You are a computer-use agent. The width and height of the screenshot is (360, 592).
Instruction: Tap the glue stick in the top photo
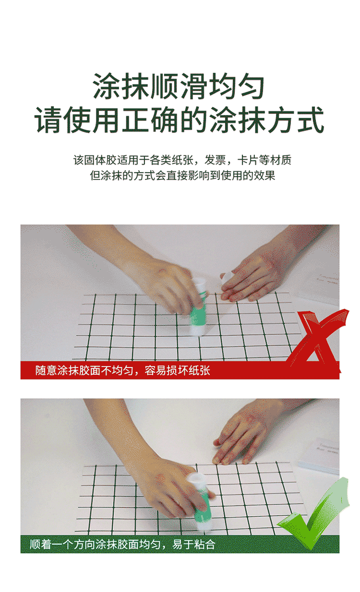coord(198,307)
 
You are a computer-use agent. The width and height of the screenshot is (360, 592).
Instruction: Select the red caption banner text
coord(123,370)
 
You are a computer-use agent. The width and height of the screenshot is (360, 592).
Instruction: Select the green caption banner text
coord(122,544)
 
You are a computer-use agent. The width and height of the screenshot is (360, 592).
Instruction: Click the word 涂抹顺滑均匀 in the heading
coord(179,86)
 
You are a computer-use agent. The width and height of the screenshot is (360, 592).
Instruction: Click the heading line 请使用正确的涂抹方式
coord(180,120)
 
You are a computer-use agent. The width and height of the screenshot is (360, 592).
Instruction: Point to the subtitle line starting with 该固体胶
coord(182,160)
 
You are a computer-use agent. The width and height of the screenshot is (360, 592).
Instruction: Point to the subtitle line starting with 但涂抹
coord(182,175)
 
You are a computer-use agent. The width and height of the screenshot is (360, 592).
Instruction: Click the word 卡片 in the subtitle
coord(248,160)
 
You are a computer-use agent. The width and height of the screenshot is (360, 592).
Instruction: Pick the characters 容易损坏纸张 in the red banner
coord(177,370)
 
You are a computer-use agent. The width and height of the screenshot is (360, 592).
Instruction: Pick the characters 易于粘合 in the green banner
coord(194,544)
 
